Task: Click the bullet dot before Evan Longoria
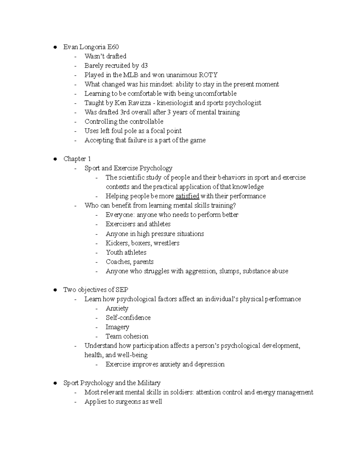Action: [x=55, y=47]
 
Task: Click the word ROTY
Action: [x=208, y=75]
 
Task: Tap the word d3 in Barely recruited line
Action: [x=144, y=66]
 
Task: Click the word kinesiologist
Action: [x=175, y=103]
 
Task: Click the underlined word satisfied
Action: [x=187, y=196]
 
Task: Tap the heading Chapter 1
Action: [x=77, y=159]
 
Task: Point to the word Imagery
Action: [x=117, y=327]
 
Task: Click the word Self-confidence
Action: [x=128, y=318]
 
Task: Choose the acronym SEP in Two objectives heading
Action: [x=121, y=290]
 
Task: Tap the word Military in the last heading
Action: [x=149, y=383]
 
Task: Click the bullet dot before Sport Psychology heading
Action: [x=55, y=383]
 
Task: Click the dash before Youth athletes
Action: [x=97, y=253]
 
